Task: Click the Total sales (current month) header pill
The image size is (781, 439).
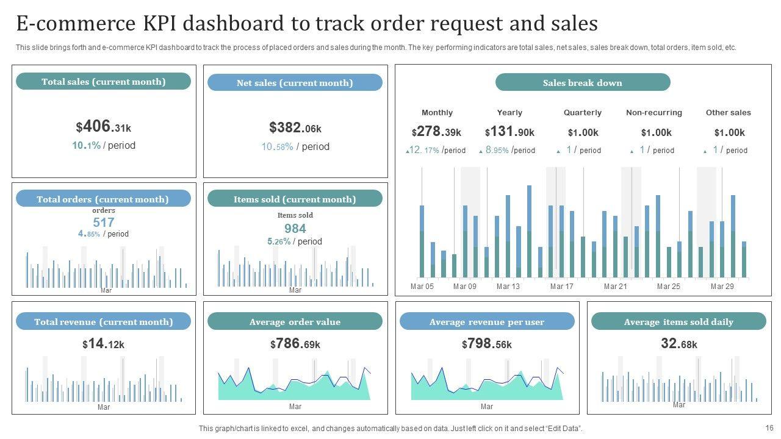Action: click(103, 82)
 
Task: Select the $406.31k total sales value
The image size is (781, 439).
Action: click(104, 127)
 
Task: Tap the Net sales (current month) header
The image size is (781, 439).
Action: click(295, 83)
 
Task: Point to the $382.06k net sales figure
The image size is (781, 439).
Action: click(295, 128)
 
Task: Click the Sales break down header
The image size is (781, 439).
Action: click(583, 83)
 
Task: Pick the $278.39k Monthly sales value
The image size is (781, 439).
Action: click(437, 132)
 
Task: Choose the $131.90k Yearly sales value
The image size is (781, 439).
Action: click(509, 132)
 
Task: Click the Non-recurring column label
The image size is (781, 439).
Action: click(654, 113)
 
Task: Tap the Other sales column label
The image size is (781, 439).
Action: click(729, 113)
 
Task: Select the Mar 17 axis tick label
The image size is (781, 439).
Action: click(562, 287)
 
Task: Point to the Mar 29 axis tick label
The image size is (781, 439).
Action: click(722, 287)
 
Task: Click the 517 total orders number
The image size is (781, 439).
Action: click(104, 223)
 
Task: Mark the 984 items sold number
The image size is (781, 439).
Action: click(295, 229)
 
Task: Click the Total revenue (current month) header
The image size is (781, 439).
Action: click(103, 322)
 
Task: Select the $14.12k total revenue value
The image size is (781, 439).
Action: click(104, 344)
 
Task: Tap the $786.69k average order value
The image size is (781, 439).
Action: click(295, 344)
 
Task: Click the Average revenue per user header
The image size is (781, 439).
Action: click(487, 322)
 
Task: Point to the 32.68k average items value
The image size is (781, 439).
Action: click(679, 344)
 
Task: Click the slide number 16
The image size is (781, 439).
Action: click(769, 428)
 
